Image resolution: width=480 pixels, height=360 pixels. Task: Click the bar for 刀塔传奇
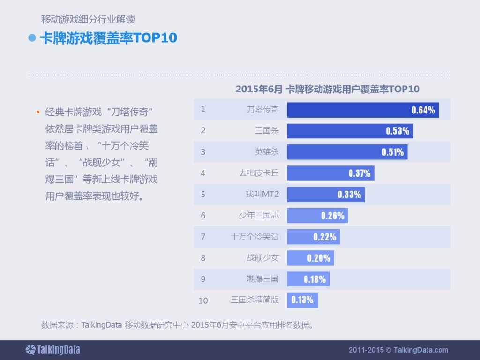coord(362,110)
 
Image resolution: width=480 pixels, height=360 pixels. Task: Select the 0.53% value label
coord(397,131)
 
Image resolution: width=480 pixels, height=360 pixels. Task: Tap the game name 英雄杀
coord(266,152)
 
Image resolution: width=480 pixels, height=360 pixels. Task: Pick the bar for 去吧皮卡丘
coord(330,173)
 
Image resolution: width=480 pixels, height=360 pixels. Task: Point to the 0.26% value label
coord(333,216)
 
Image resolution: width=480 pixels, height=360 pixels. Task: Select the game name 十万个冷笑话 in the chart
coord(255,237)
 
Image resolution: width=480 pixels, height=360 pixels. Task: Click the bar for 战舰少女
coord(310,258)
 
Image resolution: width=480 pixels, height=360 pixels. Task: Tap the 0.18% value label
coord(315,279)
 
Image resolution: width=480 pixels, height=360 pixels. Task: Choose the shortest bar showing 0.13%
coord(302,300)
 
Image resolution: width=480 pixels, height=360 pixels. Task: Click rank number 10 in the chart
coord(203,300)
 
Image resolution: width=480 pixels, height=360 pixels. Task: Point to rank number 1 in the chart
coord(203,109)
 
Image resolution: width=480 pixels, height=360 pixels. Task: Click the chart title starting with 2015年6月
coord(327,89)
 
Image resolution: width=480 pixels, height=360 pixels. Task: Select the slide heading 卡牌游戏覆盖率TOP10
coord(108,38)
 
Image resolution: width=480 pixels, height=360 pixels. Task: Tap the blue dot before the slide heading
coord(32,38)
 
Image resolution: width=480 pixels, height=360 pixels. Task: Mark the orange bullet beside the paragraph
coord(37,112)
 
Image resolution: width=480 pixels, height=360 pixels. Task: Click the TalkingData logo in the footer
coord(52,350)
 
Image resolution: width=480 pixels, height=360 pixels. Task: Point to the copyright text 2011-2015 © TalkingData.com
coord(398,350)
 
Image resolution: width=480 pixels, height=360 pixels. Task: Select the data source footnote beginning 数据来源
coord(177,325)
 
